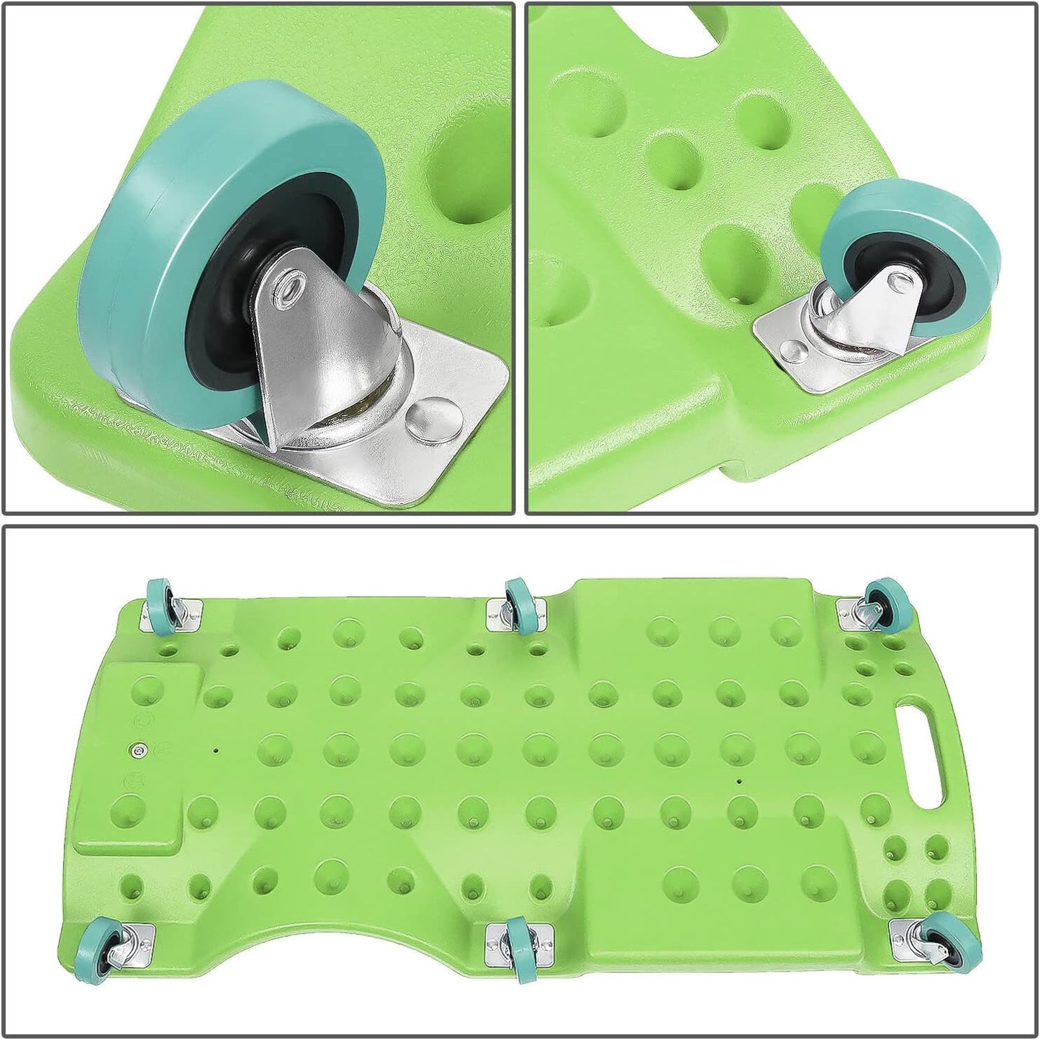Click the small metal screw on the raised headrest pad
pyautogui.click(x=137, y=750)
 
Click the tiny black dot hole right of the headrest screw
pyautogui.click(x=215, y=749)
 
